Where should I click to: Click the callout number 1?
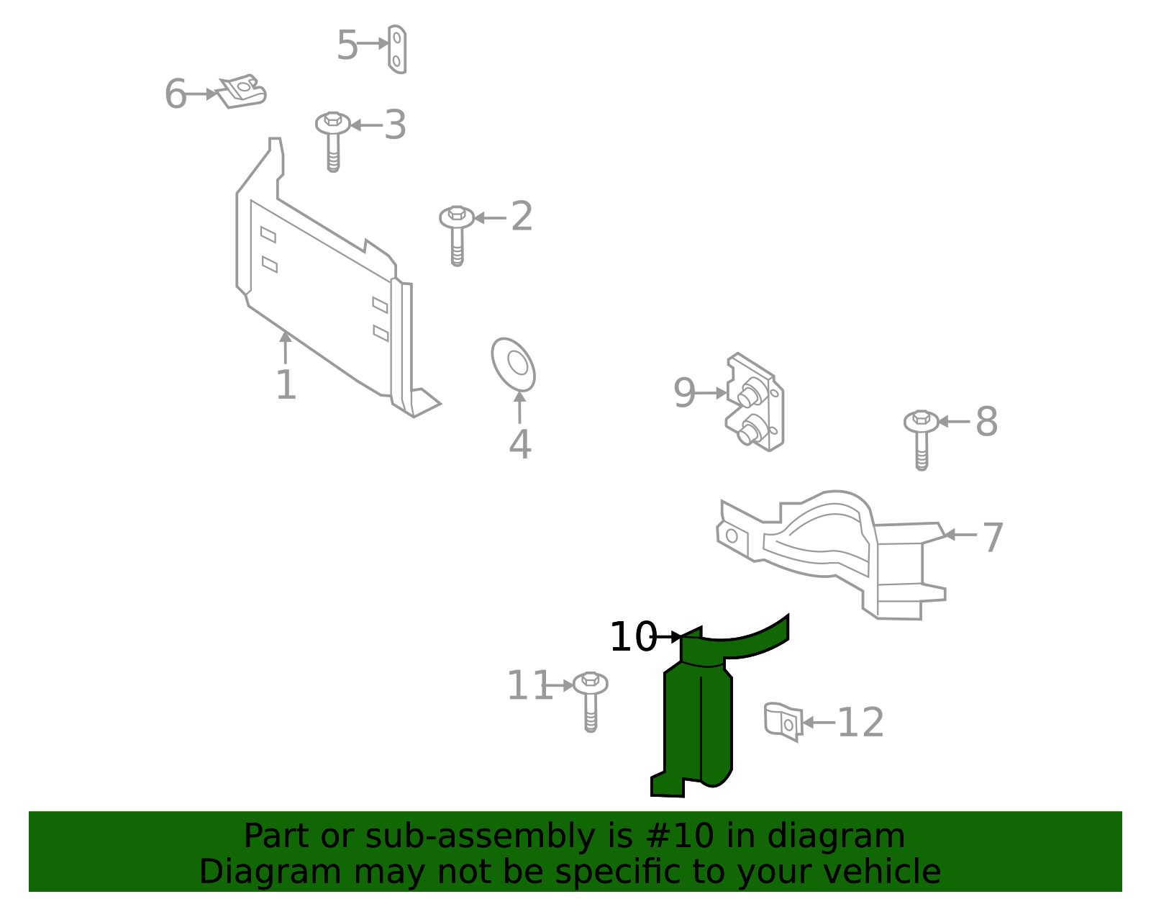pyautogui.click(x=286, y=385)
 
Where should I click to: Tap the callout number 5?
pyautogui.click(x=347, y=45)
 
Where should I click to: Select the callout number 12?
pyautogui.click(x=860, y=722)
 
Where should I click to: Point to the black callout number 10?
pyautogui.click(x=632, y=637)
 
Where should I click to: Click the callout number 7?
pyautogui.click(x=993, y=538)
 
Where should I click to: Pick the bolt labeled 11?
pyautogui.click(x=591, y=697)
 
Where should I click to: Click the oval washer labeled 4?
pyautogui.click(x=514, y=364)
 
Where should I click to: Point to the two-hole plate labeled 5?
pyautogui.click(x=397, y=49)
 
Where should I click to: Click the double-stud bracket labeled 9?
pyautogui.click(x=756, y=403)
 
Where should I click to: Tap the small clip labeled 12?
pyautogui.click(x=783, y=721)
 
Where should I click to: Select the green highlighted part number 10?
pyautogui.click(x=698, y=720)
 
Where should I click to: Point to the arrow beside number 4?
pyautogui.click(x=519, y=407)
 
